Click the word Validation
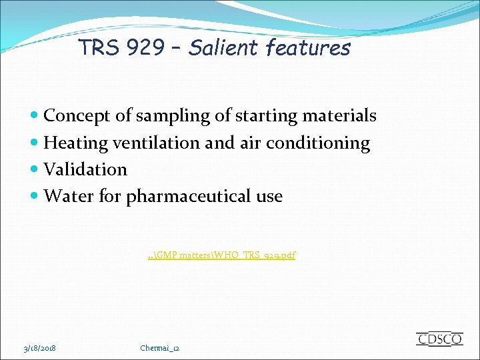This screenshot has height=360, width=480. pyautogui.click(x=85, y=169)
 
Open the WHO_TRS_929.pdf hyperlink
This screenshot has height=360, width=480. pyautogui.click(x=222, y=255)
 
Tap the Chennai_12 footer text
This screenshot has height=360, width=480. pyautogui.click(x=160, y=348)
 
